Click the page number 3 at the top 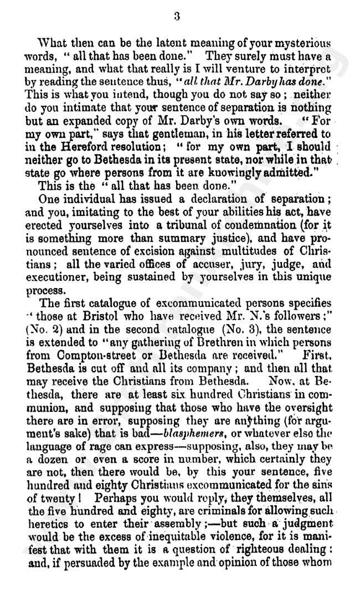click(177, 17)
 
